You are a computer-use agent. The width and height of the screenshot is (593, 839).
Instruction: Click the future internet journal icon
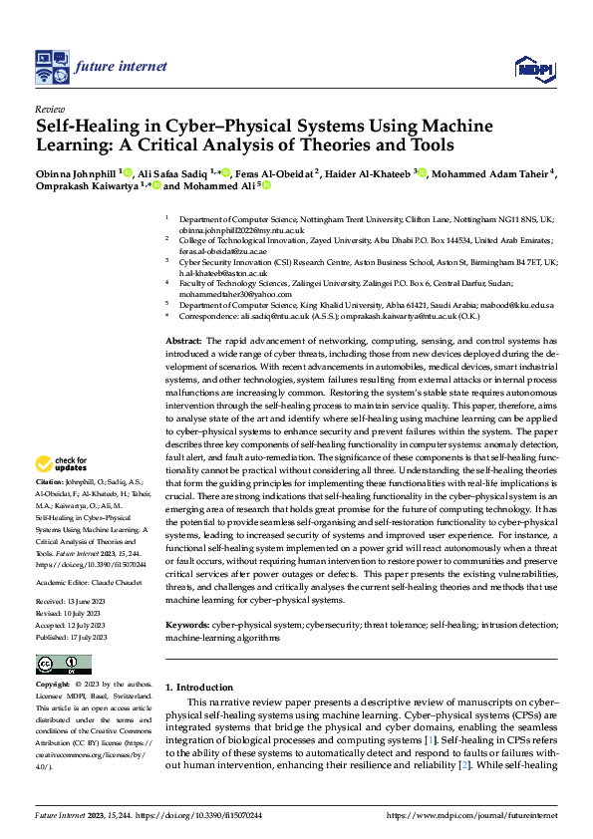[50, 67]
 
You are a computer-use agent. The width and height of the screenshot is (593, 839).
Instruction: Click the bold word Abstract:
[185, 341]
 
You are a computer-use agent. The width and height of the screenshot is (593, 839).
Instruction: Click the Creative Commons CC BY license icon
[63, 665]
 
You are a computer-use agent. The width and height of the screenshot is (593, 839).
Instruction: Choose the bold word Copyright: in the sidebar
[54, 685]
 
